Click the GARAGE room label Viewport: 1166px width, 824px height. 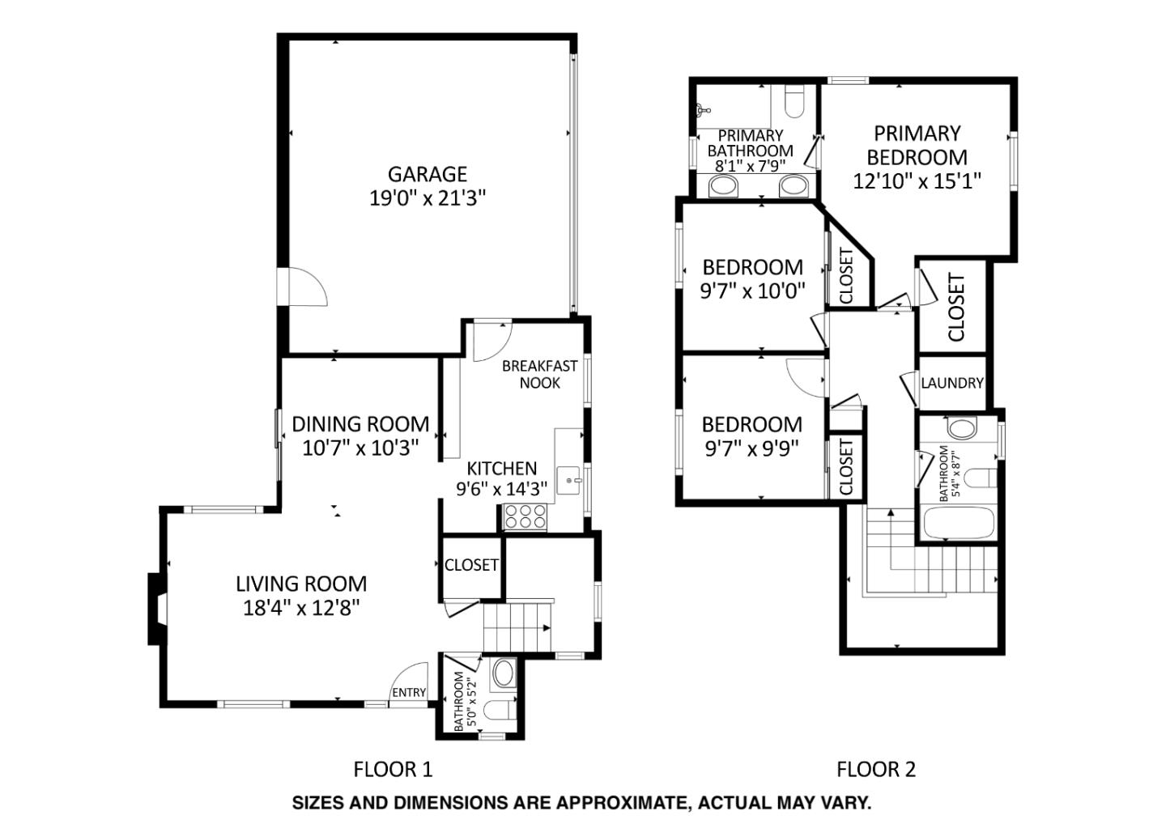(x=427, y=174)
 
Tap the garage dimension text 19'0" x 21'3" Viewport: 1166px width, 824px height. (x=427, y=198)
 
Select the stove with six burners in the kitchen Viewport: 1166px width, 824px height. (x=525, y=516)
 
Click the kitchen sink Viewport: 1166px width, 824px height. (x=569, y=480)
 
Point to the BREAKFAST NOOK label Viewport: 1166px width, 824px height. (x=539, y=374)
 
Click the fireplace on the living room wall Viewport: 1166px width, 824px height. (x=156, y=609)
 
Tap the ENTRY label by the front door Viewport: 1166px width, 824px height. (x=408, y=692)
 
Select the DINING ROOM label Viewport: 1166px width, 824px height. (x=360, y=424)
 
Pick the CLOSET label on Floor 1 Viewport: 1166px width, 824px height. (x=471, y=565)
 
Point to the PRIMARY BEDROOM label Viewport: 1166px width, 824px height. (x=917, y=145)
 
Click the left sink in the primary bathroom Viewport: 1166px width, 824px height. (x=722, y=187)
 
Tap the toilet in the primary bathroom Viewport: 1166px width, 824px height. (x=794, y=101)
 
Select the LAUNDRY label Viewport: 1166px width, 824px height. (x=951, y=383)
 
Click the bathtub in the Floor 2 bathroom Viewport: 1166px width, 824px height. (x=957, y=523)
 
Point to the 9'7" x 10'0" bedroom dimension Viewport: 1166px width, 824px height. (x=752, y=291)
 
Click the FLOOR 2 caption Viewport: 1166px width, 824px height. (x=875, y=769)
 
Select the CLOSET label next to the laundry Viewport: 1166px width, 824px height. (x=956, y=308)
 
